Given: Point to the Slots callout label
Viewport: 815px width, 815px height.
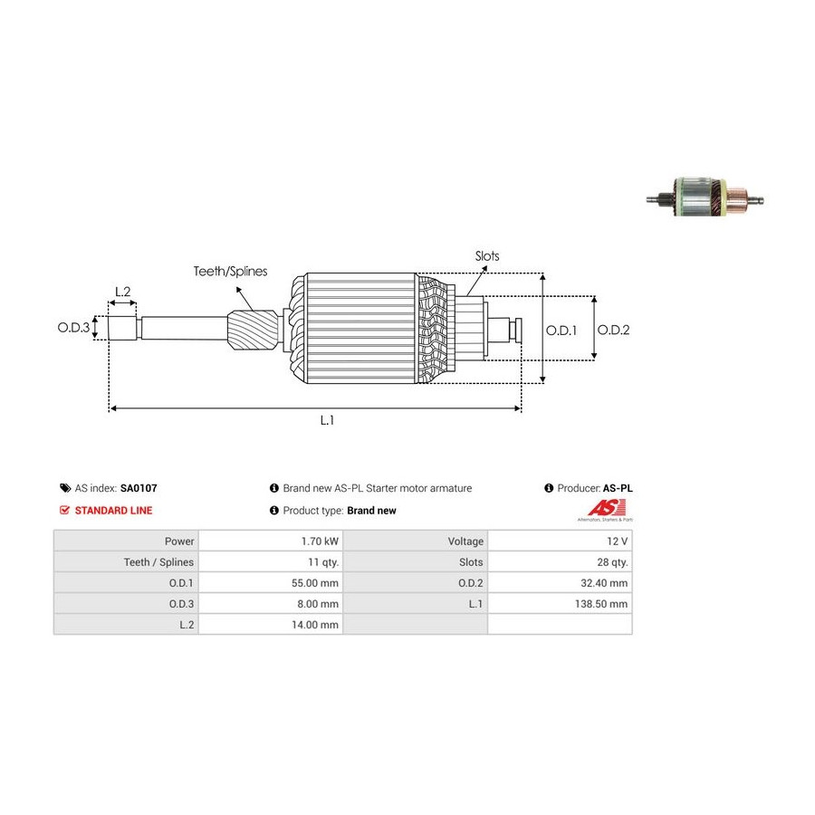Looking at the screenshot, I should (487, 256).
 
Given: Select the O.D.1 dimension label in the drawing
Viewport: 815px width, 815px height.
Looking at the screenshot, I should (561, 330).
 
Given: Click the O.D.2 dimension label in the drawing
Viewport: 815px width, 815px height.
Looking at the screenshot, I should (613, 330).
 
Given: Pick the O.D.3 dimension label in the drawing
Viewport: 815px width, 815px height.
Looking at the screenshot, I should (74, 327).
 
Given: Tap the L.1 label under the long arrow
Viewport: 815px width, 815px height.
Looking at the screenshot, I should (328, 419).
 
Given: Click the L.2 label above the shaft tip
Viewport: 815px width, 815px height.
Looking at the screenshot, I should (122, 292).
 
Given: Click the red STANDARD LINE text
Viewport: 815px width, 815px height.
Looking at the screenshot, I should (113, 511).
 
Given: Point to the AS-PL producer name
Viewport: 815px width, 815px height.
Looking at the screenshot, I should (618, 488).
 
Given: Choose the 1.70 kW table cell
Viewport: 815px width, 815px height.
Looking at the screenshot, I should (320, 542).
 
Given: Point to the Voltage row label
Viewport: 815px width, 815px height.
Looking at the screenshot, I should (465, 542).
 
